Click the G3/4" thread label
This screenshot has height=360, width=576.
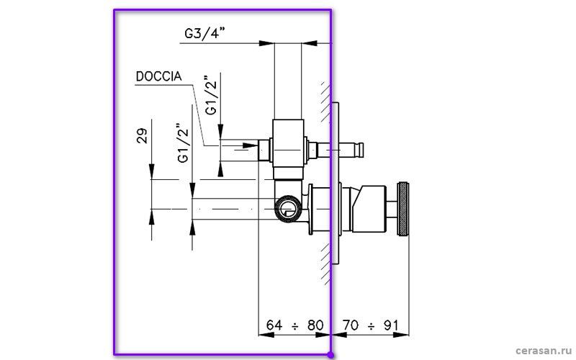[x=204, y=33]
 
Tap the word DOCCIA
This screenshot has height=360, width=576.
[x=158, y=76]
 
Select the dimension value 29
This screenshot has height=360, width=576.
[x=142, y=135]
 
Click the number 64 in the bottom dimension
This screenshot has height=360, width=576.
[x=274, y=325]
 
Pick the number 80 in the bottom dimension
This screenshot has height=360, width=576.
[x=315, y=325]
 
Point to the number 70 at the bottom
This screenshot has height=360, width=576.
[x=351, y=325]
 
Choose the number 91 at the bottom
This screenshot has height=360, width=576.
[x=391, y=325]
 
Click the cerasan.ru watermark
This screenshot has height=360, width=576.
[x=544, y=351]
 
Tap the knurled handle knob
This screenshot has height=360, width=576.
[x=403, y=209]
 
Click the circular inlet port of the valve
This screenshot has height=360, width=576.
[x=288, y=209]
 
